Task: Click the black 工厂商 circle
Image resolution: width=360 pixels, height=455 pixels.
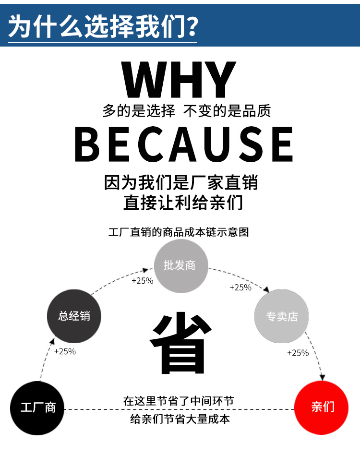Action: click(37, 407)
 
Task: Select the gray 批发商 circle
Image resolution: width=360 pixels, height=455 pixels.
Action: click(180, 265)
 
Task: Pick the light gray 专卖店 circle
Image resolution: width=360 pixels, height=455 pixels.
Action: click(282, 316)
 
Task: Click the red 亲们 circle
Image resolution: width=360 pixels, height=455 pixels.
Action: click(322, 407)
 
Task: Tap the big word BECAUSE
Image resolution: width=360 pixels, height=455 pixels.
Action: click(183, 144)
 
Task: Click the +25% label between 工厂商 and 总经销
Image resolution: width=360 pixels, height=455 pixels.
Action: click(65, 351)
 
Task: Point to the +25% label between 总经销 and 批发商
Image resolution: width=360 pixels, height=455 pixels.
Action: click(142, 280)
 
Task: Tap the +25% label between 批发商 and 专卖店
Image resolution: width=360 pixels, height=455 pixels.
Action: click(240, 287)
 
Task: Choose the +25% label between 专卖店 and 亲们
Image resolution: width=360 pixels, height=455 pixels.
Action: click(298, 353)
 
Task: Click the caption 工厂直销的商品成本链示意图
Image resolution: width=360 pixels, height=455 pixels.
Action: click(179, 232)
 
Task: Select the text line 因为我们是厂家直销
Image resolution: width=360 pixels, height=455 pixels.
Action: click(181, 183)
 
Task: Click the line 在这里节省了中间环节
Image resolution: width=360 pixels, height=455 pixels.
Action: click(179, 401)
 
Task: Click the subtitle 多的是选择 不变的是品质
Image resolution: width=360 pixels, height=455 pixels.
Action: click(186, 111)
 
